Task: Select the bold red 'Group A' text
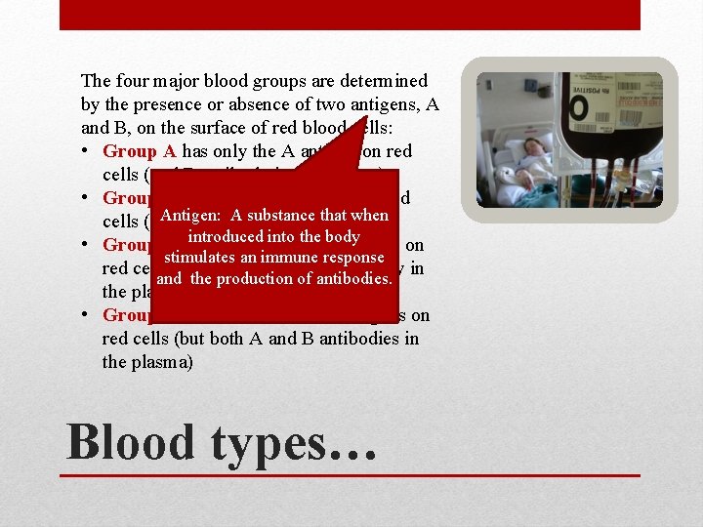click(x=140, y=151)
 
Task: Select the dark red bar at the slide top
click(x=351, y=15)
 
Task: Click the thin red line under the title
click(x=352, y=475)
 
